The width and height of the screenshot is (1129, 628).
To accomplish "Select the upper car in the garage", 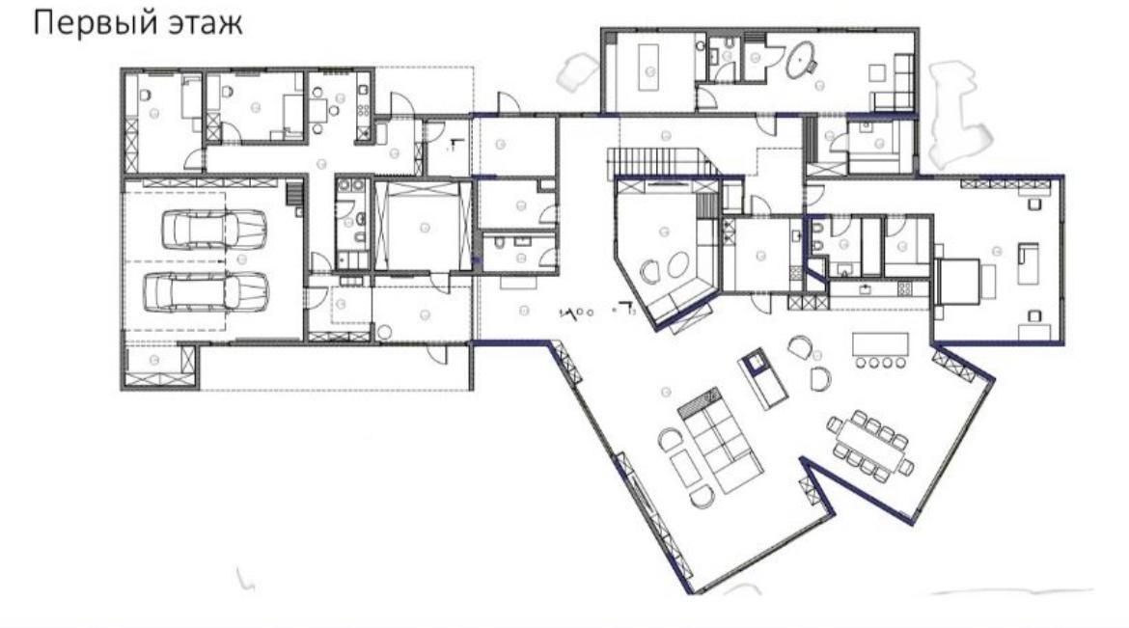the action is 214,229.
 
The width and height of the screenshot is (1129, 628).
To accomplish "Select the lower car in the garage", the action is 207,291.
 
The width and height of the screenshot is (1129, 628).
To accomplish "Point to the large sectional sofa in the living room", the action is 720,439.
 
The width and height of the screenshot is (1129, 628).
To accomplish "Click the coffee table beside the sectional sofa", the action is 685,469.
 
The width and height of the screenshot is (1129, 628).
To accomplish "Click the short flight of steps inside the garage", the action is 293,194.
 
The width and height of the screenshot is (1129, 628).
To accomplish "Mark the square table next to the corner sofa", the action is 877,72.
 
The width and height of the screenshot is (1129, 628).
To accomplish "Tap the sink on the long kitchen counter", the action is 864,288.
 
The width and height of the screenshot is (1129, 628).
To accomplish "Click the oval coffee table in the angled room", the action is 676,265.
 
